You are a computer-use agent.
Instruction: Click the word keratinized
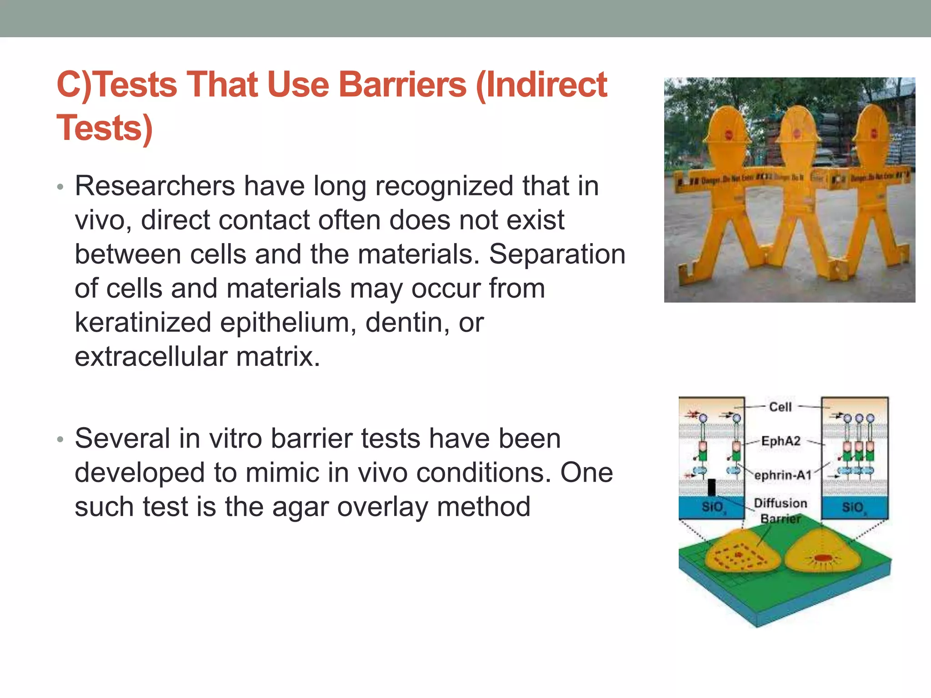click(143, 322)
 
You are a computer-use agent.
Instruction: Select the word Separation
click(557, 254)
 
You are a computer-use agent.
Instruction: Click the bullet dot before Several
click(60, 439)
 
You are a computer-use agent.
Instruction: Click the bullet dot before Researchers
click(60, 187)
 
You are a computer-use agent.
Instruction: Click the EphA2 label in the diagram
click(781, 441)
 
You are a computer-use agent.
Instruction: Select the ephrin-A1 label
click(783, 475)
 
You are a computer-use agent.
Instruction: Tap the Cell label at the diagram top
click(780, 407)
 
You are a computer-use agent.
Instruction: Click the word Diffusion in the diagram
click(781, 503)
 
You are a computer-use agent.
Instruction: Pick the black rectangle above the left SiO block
click(712, 488)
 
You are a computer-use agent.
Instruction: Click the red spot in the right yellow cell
click(822, 558)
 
